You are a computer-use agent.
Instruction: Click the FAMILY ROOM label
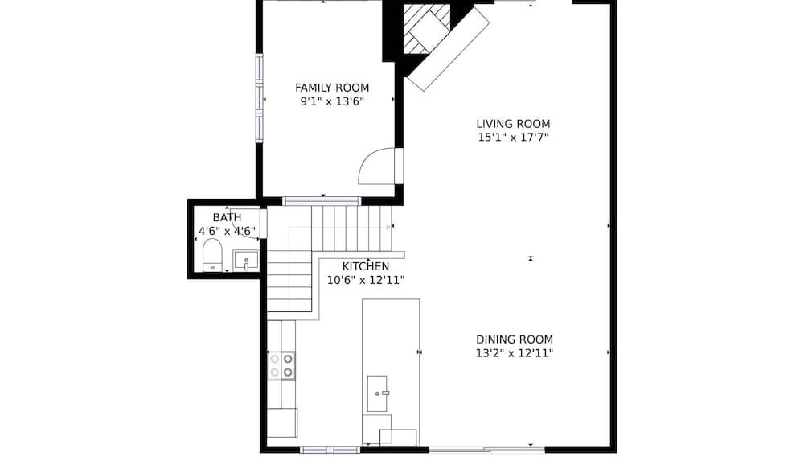[x=332, y=88]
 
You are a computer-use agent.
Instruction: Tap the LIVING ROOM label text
[x=513, y=124]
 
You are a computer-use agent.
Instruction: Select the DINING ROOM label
[x=514, y=340]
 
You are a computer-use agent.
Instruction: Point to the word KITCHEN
[x=366, y=266]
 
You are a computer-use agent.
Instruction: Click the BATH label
[x=227, y=218]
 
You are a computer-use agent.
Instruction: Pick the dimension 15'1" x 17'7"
[x=513, y=138]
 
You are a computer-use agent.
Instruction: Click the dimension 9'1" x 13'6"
[x=332, y=101]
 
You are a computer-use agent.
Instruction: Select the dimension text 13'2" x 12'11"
[x=514, y=353]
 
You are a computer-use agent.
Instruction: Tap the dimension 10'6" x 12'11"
[x=366, y=280]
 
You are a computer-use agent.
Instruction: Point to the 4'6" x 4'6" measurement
[x=227, y=232]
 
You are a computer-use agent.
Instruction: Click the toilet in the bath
[x=212, y=255]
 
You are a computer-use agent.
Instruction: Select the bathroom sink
[x=246, y=261]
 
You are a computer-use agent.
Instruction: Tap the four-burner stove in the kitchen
[x=281, y=365]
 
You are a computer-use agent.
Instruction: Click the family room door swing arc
[x=375, y=165]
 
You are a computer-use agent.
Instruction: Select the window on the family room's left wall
[x=259, y=97]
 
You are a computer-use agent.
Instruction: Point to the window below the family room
[x=322, y=200]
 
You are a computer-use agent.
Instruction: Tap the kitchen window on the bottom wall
[x=330, y=449]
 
